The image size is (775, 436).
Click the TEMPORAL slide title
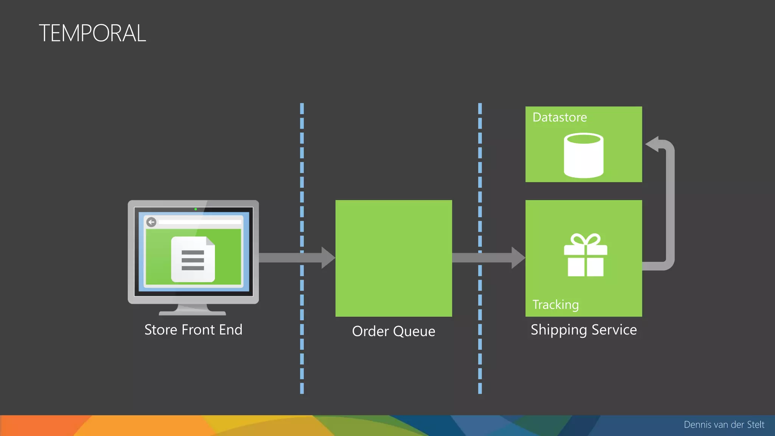coord(92,33)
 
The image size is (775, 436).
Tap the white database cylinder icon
coord(584,155)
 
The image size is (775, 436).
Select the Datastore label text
coord(560,117)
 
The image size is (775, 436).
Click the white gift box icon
coord(585,255)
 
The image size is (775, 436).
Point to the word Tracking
coord(556,305)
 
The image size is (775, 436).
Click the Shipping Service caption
coord(584,330)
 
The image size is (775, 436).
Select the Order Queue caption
coord(394,331)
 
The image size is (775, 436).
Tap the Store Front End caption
coord(193,330)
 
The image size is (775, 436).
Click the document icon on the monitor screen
coord(193,259)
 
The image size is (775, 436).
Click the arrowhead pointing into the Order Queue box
coord(328,258)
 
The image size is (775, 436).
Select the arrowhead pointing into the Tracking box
coord(518,258)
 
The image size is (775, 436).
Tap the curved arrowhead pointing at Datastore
coord(652,144)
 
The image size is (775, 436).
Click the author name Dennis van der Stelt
coord(724,425)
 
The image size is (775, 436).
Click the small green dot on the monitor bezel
coord(196,209)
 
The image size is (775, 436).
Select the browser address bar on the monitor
coord(200,222)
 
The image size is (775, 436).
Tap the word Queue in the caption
coord(414,331)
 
